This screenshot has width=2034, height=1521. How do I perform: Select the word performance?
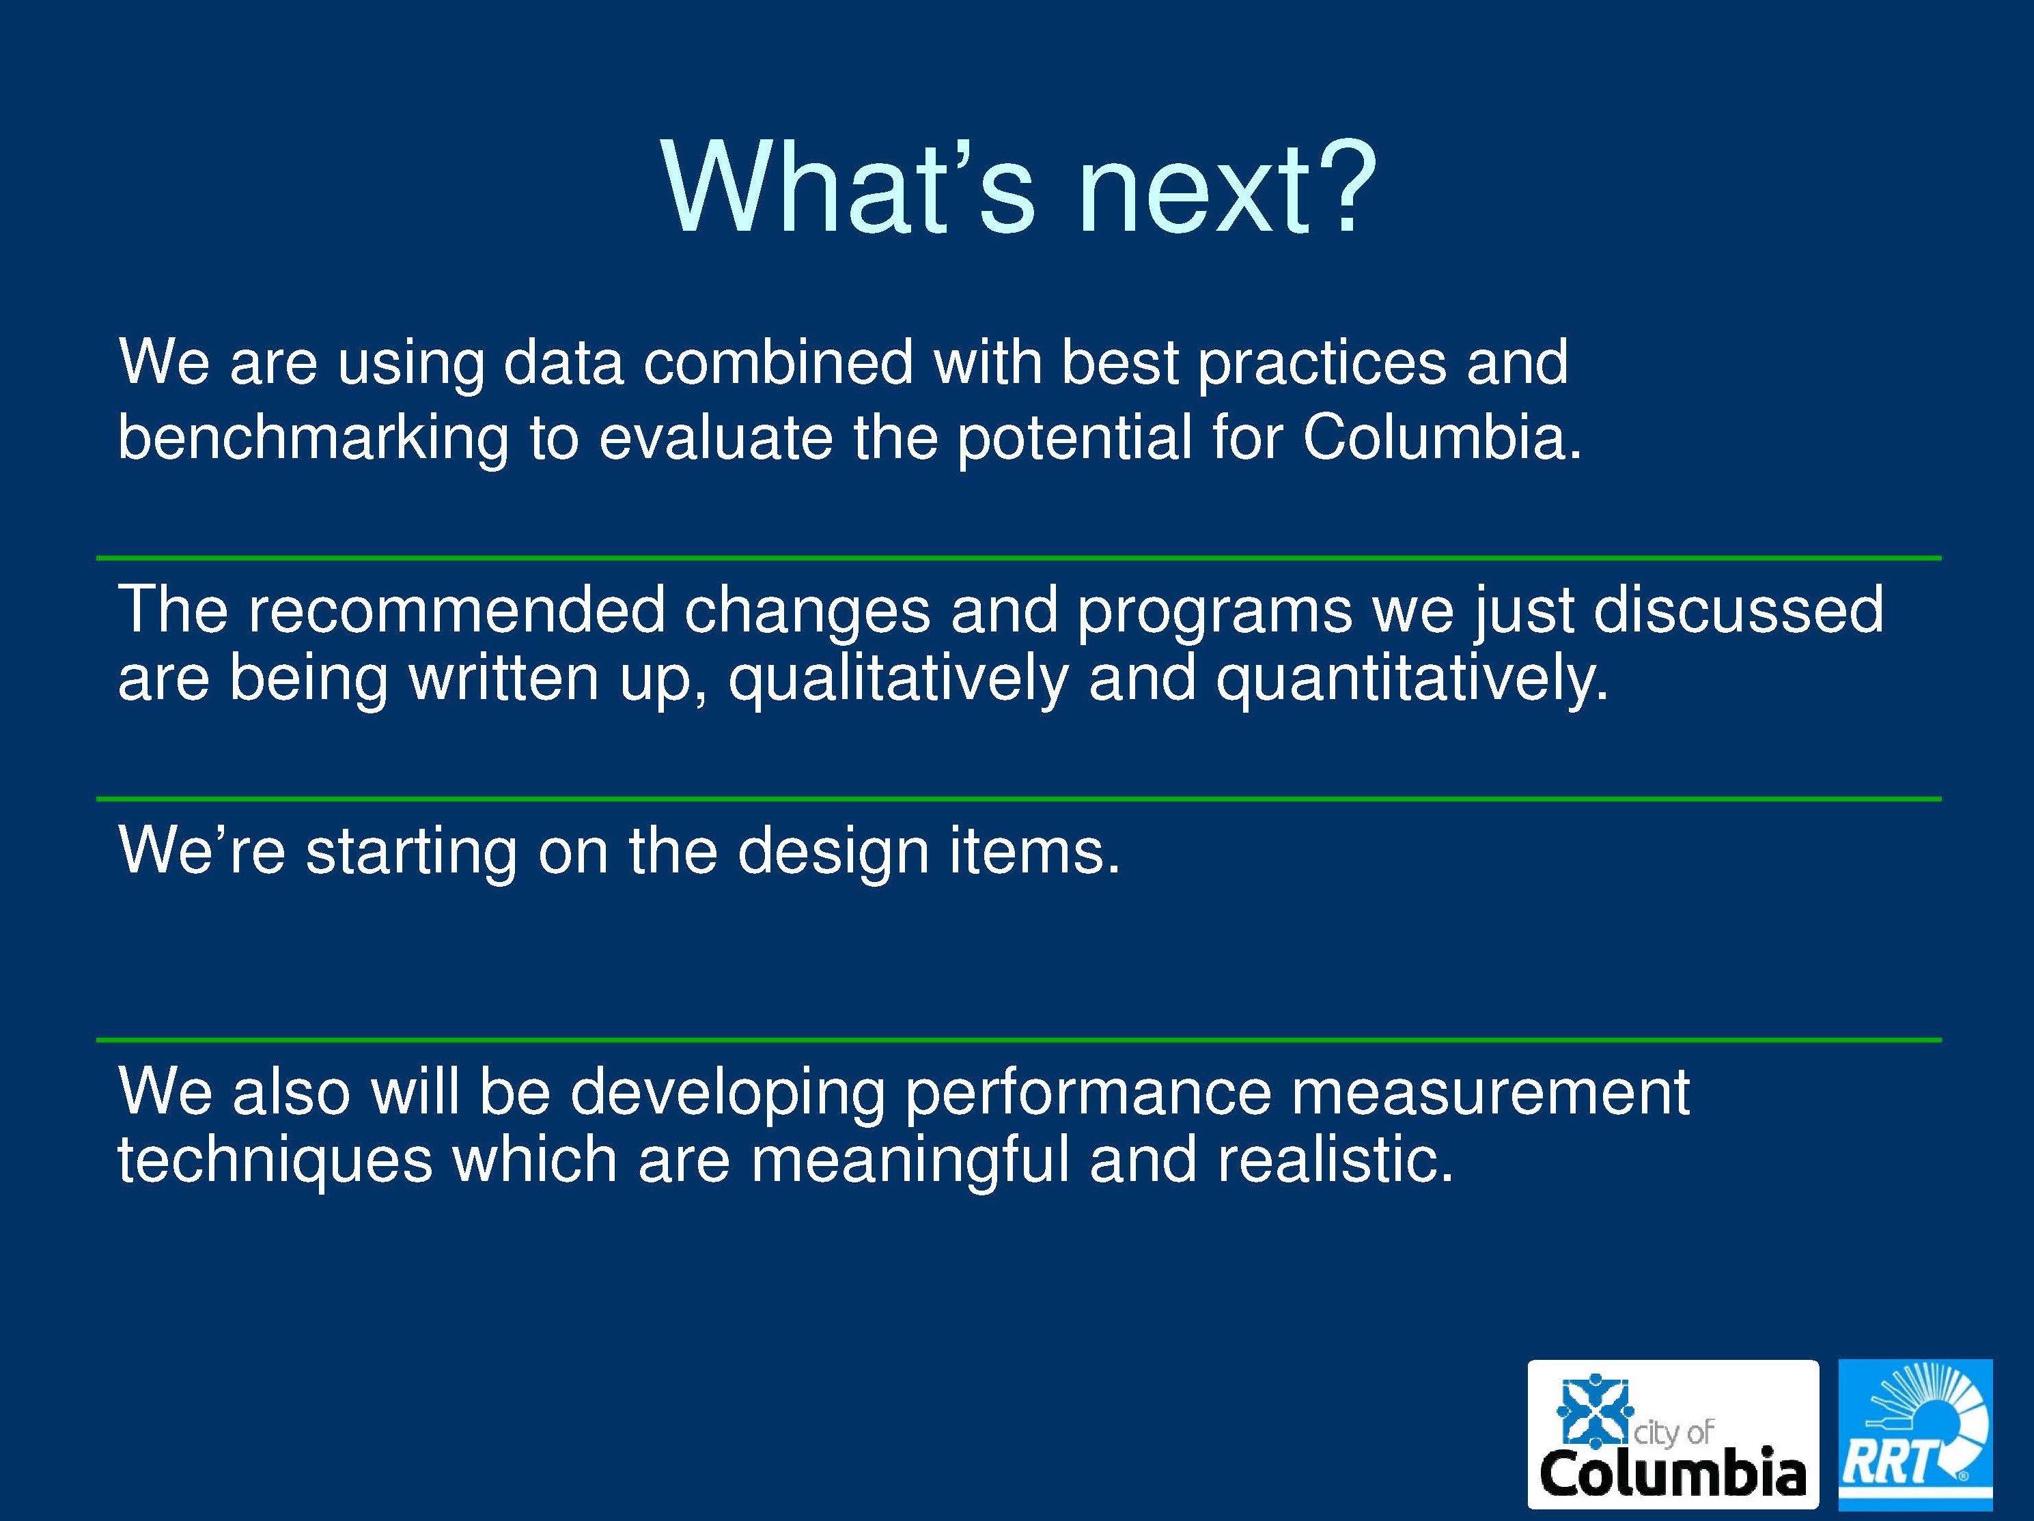click(1089, 1094)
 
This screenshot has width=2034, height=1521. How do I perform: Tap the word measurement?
click(1490, 1094)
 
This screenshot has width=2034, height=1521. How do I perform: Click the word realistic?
click(1335, 1160)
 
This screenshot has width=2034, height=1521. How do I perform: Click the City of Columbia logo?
click(1673, 1434)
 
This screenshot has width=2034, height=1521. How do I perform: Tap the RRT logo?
click(1915, 1434)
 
